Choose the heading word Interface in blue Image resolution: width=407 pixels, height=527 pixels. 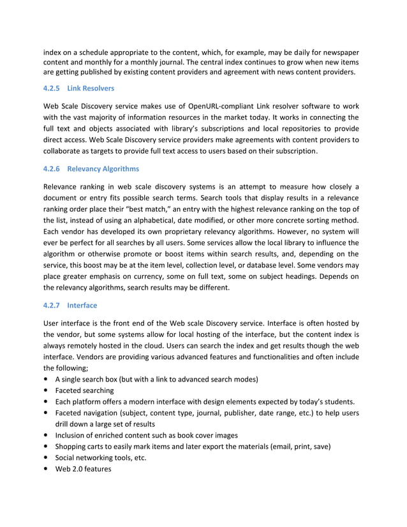82,306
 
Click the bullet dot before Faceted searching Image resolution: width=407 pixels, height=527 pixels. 47,390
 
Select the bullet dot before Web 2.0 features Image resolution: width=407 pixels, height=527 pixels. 47,469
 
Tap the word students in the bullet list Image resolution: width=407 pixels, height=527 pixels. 336,401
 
